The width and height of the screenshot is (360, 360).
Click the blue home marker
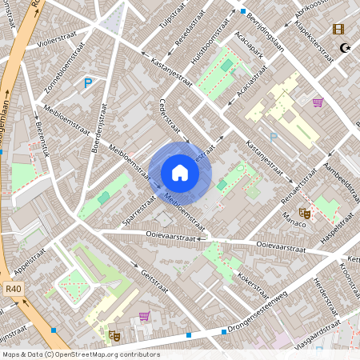point(180,173)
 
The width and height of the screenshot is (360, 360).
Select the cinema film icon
point(338,30)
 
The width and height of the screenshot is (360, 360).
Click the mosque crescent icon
point(346,48)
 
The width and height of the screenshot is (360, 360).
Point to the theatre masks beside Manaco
point(304,213)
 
